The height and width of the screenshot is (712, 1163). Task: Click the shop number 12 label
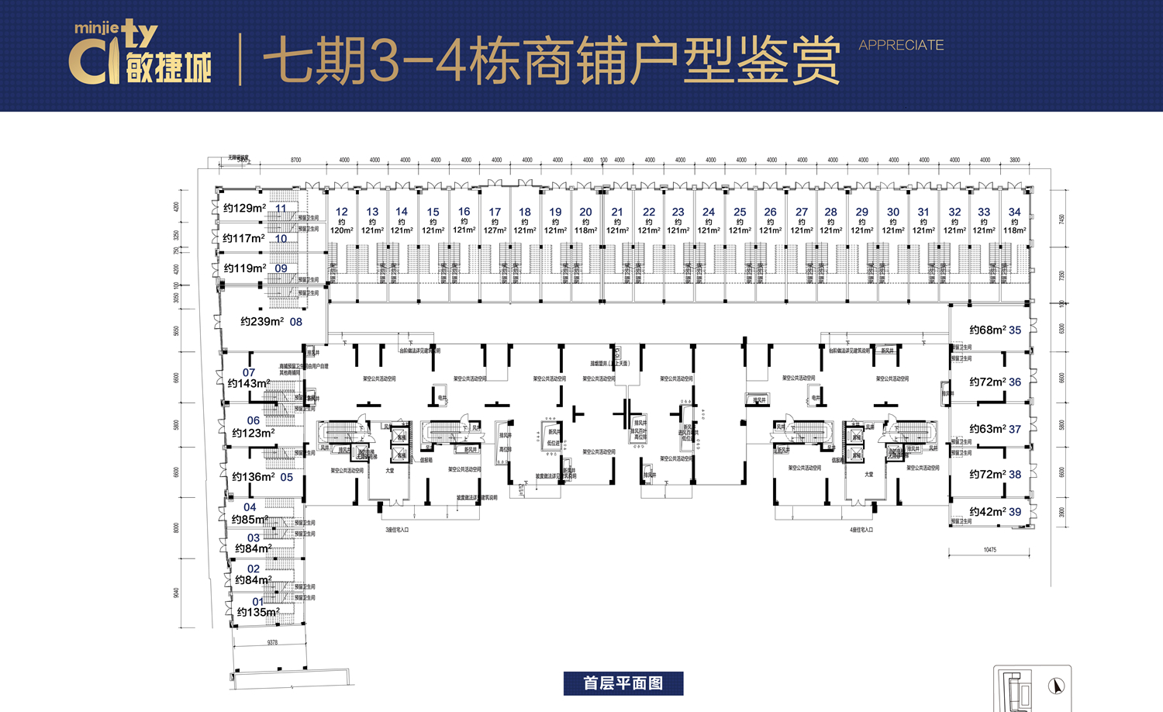[x=342, y=212]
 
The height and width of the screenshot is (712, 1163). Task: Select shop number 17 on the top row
[x=495, y=212]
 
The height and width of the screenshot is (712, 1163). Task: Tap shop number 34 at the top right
[x=1014, y=212]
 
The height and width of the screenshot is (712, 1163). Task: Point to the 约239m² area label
[x=261, y=321]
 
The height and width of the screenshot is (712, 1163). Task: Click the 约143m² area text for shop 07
[x=249, y=383]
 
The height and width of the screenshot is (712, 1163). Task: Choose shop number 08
[x=296, y=322]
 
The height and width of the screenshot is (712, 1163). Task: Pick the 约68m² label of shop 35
[x=987, y=330]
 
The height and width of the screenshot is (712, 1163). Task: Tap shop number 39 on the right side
[x=1015, y=512]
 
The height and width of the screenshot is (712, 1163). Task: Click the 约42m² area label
[x=987, y=512]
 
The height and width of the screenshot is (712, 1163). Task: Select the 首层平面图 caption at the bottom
[x=623, y=683]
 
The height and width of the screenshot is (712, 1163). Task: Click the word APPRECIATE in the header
[x=901, y=45]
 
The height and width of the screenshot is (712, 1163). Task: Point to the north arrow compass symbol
[x=1056, y=686]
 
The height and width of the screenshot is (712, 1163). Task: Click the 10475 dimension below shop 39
[x=990, y=550]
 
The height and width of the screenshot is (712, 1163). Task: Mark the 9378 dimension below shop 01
[x=272, y=642]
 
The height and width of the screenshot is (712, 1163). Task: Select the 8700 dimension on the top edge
[x=295, y=161]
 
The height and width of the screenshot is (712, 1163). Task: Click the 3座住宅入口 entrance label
[x=397, y=530]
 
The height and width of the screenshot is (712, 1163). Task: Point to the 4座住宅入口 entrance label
[x=861, y=530]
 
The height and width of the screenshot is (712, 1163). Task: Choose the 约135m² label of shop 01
[x=258, y=612]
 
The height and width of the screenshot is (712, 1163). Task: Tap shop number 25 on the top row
[x=740, y=212]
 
